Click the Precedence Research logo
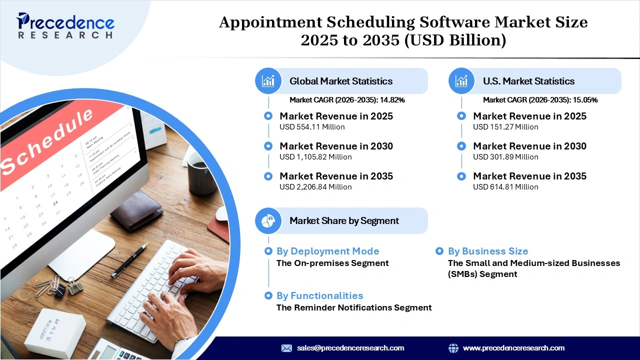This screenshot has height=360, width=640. coord(65,25)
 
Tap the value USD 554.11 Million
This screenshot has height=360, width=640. coord(312,127)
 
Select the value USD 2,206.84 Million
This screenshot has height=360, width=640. coord(315,187)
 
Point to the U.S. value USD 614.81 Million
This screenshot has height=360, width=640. coord(505,187)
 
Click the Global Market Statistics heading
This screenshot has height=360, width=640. coord(341,81)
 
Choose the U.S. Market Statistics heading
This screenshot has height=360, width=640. coord(528,81)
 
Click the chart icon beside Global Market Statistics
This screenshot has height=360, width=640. coord(268,81)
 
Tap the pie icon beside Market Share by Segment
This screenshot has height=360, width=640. coord(268,220)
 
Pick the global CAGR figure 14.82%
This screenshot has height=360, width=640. coord(392,100)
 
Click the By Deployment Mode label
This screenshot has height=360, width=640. coord(327,251)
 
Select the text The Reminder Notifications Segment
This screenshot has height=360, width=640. coord(354,307)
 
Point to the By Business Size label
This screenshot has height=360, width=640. coord(487,251)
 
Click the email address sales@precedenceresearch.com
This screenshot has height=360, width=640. coord(350,348)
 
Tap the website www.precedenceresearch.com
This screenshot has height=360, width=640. coord(513,348)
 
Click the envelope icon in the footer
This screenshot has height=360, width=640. coord(286,348)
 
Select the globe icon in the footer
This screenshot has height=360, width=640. coord(453,348)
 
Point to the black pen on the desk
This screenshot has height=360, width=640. coord(129,260)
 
